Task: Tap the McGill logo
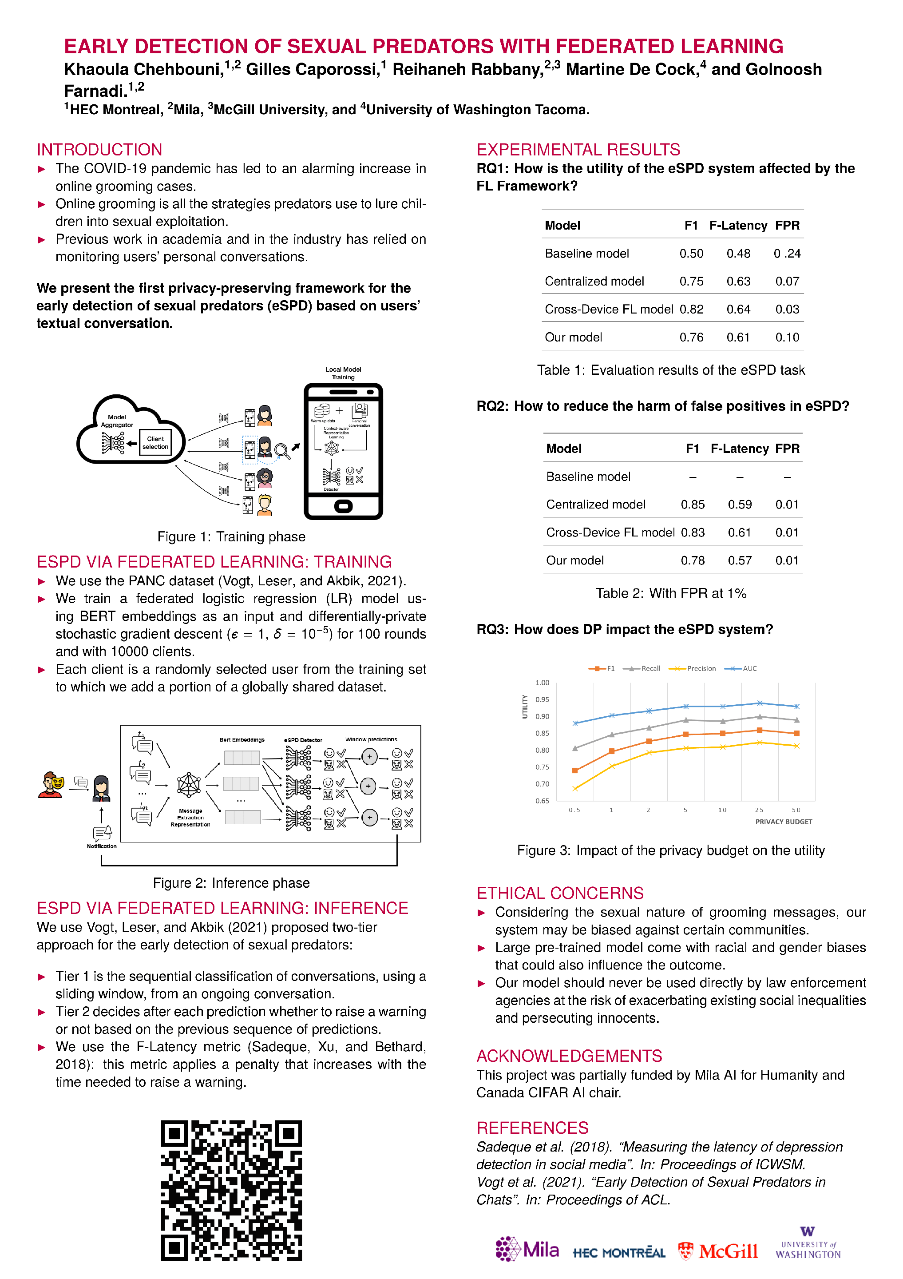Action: [x=718, y=1251]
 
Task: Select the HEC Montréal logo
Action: [x=618, y=1252]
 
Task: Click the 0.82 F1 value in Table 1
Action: [x=691, y=309]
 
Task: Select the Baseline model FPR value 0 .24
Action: [x=787, y=254]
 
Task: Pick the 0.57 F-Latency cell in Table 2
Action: [x=739, y=560]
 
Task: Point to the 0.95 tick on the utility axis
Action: [x=542, y=699]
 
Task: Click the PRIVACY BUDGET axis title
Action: [x=783, y=822]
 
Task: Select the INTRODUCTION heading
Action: [x=99, y=149]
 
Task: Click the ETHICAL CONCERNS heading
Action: [x=559, y=893]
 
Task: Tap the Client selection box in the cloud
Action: [x=155, y=443]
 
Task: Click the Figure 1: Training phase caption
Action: [x=231, y=536]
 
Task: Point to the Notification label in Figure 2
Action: [x=101, y=846]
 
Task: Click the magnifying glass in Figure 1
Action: [x=282, y=451]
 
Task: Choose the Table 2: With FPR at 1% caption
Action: [x=671, y=593]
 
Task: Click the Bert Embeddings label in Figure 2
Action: [x=242, y=740]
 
